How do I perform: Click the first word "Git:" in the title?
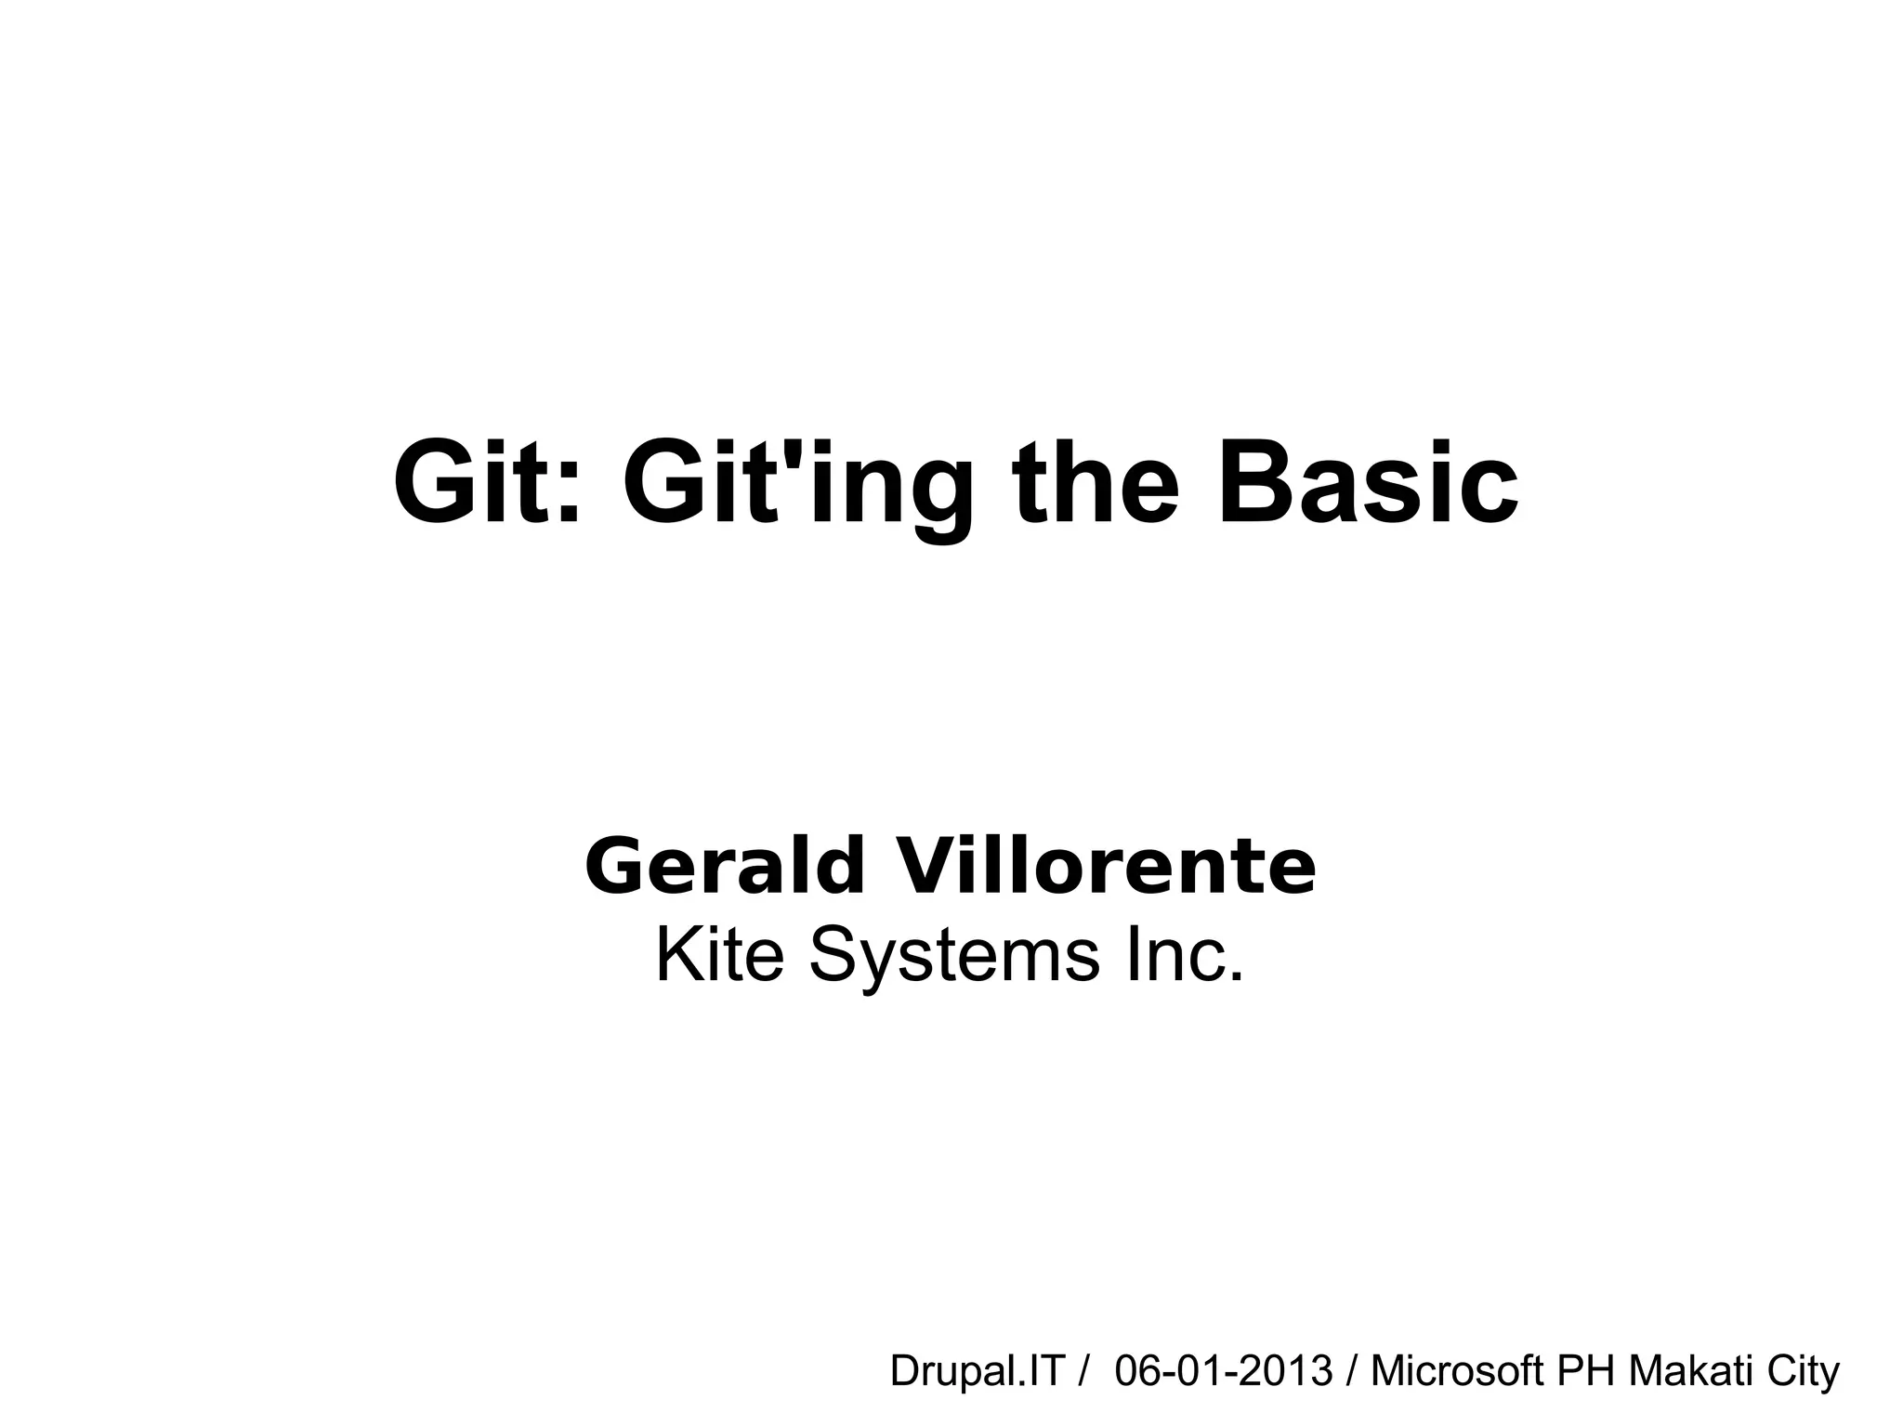click(487, 484)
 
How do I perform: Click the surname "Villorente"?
click(1105, 866)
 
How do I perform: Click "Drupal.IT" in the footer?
click(976, 1371)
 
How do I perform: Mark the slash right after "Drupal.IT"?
click(1083, 1371)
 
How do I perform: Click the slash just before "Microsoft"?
click(1352, 1371)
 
